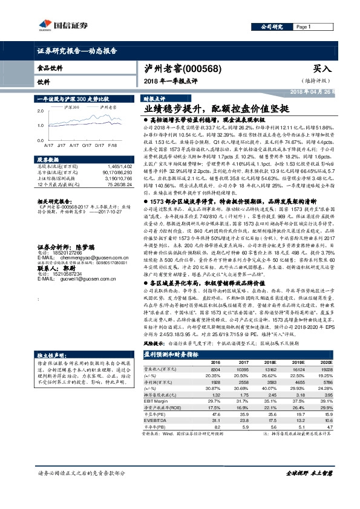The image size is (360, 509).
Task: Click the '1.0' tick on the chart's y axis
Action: coord(39,125)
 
